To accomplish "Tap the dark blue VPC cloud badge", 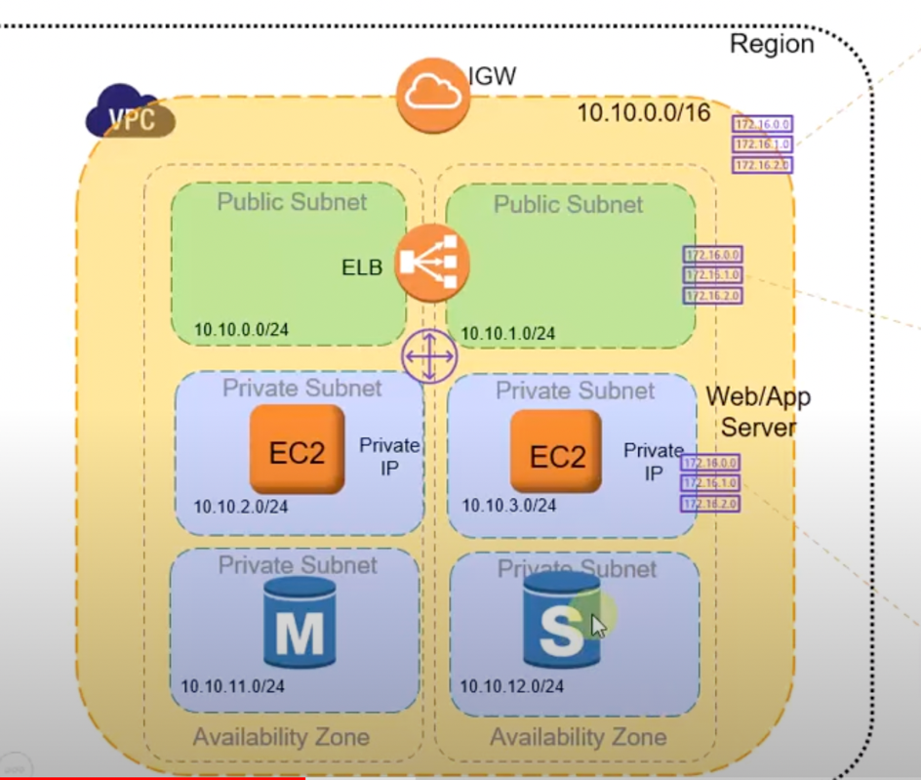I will [x=132, y=112].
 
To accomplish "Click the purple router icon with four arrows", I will [x=428, y=356].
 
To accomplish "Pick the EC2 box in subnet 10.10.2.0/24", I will [x=298, y=449].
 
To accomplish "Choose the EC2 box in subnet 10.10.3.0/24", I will [x=555, y=450].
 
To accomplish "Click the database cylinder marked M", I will [x=300, y=622].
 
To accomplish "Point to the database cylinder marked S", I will [x=560, y=622].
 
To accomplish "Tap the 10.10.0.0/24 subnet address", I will [x=241, y=329].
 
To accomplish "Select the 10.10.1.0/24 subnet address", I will [x=507, y=334].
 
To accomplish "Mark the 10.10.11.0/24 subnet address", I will [x=232, y=686].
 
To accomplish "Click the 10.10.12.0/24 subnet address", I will [x=511, y=686].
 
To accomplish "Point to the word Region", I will [x=771, y=44].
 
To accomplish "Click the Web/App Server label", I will [x=758, y=412].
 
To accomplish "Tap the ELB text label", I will [x=362, y=267].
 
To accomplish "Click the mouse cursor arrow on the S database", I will [x=598, y=625].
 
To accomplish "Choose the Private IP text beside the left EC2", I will [x=389, y=456].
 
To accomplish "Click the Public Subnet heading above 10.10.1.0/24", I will [x=568, y=205].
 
